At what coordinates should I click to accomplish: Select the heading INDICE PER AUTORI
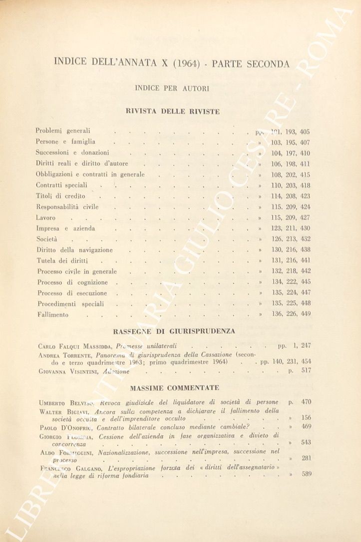tap(172, 88)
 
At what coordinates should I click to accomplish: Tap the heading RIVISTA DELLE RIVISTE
tap(173, 112)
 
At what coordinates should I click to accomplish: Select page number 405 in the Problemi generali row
tap(305, 132)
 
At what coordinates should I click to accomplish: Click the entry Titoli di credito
tap(60, 196)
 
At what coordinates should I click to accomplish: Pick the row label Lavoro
tap(45, 218)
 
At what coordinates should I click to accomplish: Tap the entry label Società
tap(47, 240)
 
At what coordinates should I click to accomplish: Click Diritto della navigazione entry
tap(74, 250)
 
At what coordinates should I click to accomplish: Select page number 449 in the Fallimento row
tap(306, 314)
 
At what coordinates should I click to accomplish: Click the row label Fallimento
tap(53, 315)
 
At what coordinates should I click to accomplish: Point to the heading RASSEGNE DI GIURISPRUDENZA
tap(174, 331)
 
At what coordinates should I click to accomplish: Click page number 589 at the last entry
tap(306, 474)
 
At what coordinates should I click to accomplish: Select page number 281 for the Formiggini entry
tap(306, 458)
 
